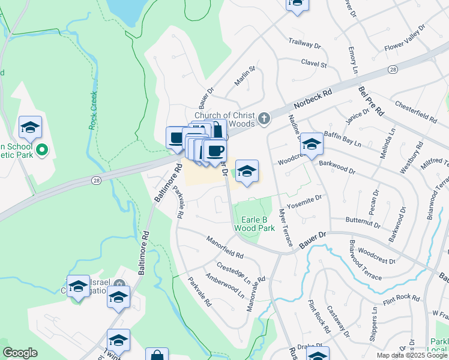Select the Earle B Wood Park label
coord(254,224)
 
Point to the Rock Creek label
coord(93,110)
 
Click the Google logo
coord(20,353)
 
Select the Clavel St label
coord(313,64)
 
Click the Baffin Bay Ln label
coord(343,140)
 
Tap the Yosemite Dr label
coord(304,202)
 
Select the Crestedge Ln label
coord(234,272)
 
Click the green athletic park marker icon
coord(41,150)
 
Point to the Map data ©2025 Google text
coord(411,355)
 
